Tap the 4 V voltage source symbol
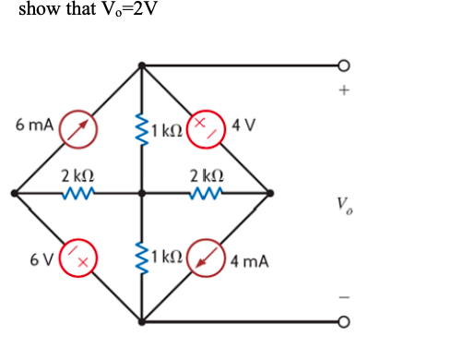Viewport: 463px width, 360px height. tap(206, 129)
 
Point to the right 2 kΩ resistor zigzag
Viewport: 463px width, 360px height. tap(204, 194)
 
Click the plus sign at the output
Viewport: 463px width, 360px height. tap(344, 91)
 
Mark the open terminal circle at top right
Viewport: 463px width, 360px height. tap(344, 66)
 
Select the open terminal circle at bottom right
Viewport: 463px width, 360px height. tap(344, 323)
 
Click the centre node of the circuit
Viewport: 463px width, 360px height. tap(141, 194)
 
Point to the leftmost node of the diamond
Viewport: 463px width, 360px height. tap(13, 194)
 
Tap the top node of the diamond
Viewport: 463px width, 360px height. tap(141, 66)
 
